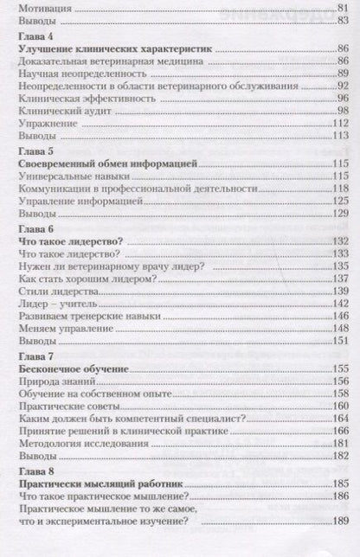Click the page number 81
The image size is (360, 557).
(x=341, y=8)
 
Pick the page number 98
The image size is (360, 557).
(x=341, y=110)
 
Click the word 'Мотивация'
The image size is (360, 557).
(x=44, y=8)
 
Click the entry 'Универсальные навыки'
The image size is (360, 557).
(x=70, y=175)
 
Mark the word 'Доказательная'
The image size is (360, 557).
(x=55, y=62)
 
